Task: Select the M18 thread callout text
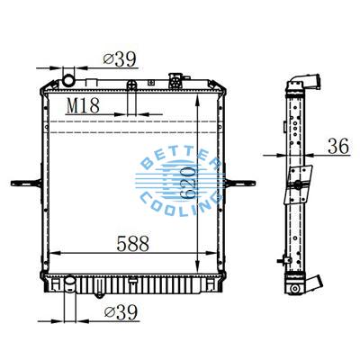coord(84,105)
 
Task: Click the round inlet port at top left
coord(68,82)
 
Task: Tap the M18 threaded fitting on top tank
coord(131,86)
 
